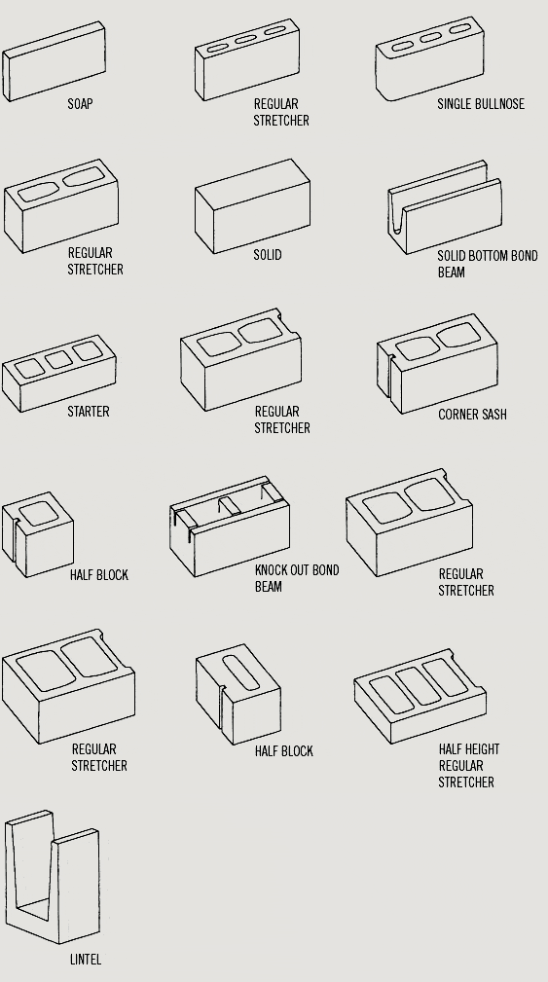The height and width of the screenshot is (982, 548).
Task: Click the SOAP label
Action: (80, 104)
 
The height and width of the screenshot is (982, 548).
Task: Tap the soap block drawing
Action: (54, 61)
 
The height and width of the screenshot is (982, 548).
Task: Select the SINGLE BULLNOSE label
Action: (481, 104)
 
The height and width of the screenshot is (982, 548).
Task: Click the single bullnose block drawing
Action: (430, 58)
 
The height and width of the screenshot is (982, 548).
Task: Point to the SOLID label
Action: (268, 255)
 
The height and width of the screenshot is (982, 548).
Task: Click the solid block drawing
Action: (252, 206)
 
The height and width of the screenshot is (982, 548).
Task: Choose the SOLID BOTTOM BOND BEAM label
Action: (488, 264)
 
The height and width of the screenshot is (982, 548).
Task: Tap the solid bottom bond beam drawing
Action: (445, 207)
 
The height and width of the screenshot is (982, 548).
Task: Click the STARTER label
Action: (89, 412)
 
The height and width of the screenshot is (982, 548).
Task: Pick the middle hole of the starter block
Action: (58, 359)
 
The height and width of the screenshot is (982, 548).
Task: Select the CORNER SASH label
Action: (472, 415)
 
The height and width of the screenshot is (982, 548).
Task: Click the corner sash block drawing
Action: (437, 364)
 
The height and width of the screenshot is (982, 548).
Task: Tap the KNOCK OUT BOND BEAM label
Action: (297, 578)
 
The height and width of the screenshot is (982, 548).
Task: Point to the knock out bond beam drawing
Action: (230, 527)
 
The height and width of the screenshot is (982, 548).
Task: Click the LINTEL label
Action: (86, 960)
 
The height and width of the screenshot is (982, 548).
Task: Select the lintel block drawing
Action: (53, 877)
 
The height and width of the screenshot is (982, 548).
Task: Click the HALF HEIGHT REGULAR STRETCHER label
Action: (469, 765)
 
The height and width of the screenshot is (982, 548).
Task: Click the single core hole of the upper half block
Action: (38, 513)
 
